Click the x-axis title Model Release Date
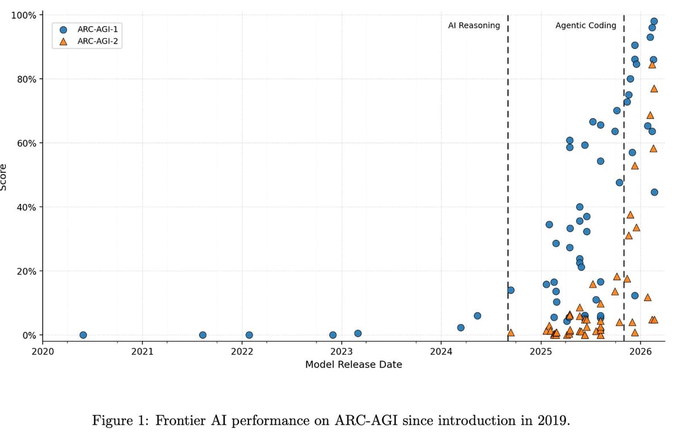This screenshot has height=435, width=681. click(x=354, y=365)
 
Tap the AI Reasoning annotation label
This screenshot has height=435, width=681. click(x=474, y=26)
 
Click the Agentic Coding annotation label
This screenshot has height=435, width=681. click(x=586, y=26)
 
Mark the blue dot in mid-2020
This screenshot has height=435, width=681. click(x=83, y=335)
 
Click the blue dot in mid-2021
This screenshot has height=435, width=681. click(x=203, y=335)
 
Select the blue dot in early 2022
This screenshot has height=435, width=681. click(x=249, y=335)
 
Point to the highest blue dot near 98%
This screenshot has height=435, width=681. click(x=654, y=22)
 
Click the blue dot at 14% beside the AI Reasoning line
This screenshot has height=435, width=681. click(x=511, y=290)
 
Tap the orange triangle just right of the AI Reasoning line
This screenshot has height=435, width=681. click(x=511, y=332)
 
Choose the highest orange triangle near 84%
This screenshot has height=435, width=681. click(x=652, y=65)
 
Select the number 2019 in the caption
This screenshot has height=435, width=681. click(x=552, y=421)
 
